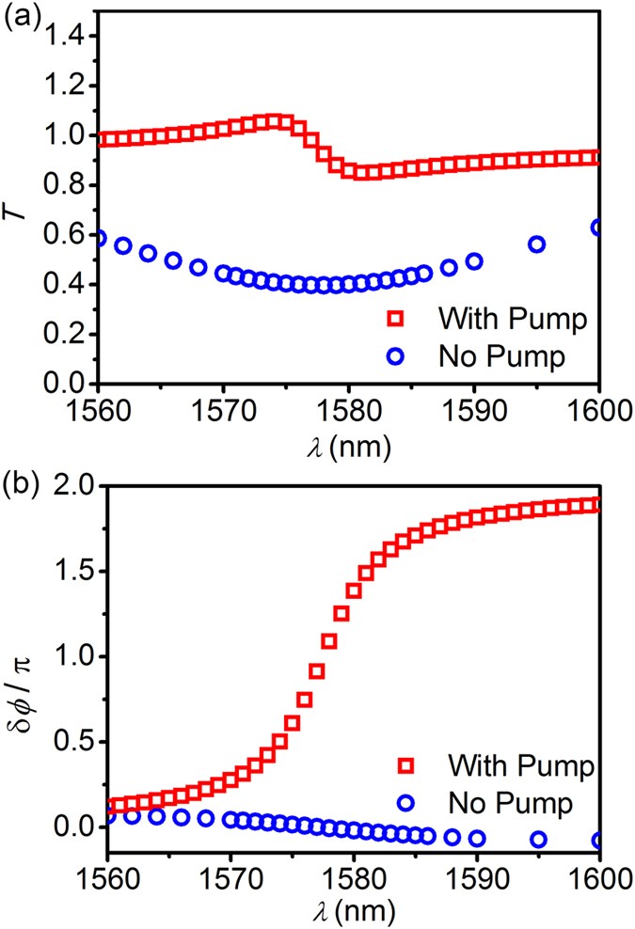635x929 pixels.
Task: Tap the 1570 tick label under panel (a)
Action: pyautogui.click(x=223, y=414)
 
